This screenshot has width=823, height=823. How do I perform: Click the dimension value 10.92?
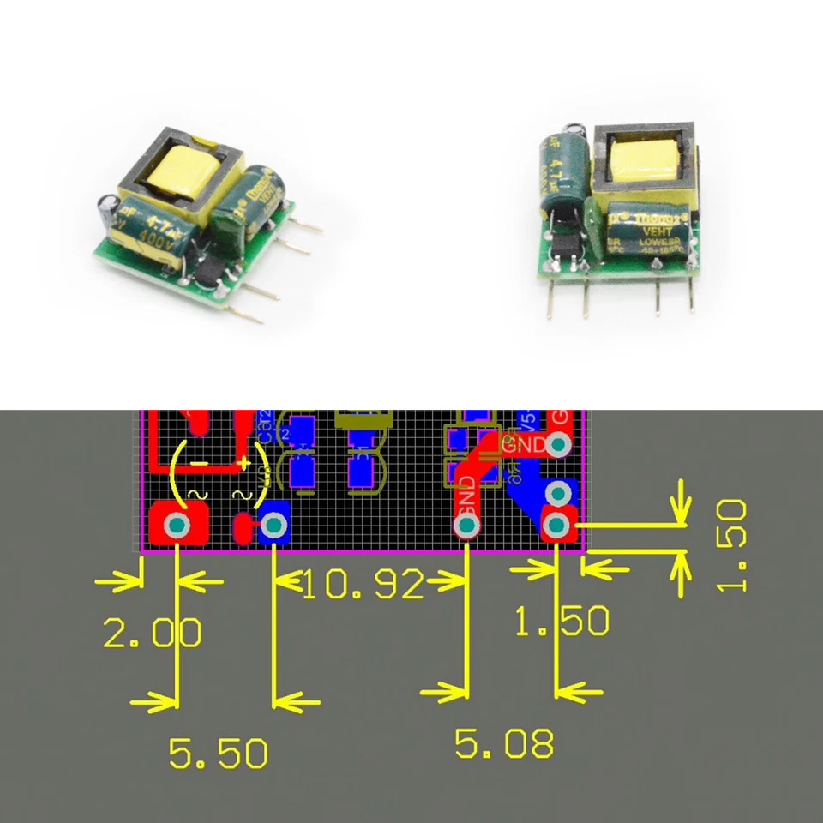363,586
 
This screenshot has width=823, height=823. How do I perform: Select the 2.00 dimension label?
153,634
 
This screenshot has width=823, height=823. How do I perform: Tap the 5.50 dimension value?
218,754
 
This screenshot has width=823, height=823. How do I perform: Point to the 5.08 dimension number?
504,743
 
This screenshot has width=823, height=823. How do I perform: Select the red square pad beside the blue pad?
178,525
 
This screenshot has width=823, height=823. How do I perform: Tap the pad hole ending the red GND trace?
468,525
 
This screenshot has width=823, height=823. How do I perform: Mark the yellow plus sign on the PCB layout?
245,464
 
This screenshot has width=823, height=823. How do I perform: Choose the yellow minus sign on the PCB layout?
199,464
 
